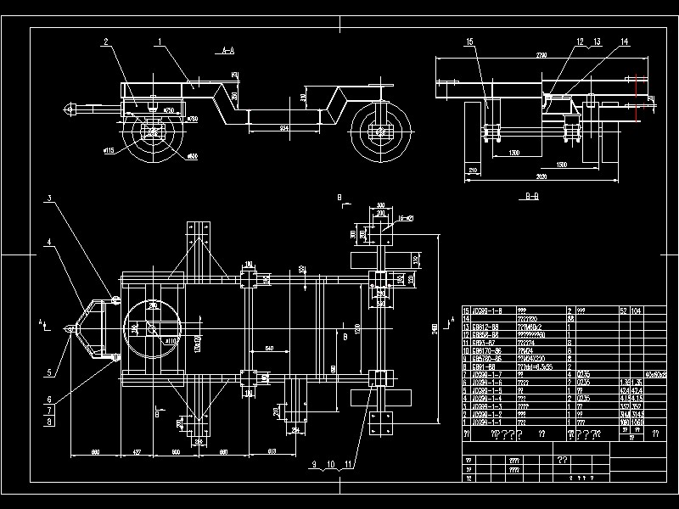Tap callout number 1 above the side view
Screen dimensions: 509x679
159,41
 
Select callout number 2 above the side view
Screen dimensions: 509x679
107,41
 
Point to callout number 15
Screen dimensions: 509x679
469,41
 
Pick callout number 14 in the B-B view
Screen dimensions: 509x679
624,41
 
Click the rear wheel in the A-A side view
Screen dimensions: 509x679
379,131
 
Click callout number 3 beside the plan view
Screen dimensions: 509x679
49,198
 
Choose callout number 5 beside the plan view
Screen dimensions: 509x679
49,370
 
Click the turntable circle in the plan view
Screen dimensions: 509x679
152,327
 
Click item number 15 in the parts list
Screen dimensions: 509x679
466,311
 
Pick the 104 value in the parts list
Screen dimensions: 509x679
636,311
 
